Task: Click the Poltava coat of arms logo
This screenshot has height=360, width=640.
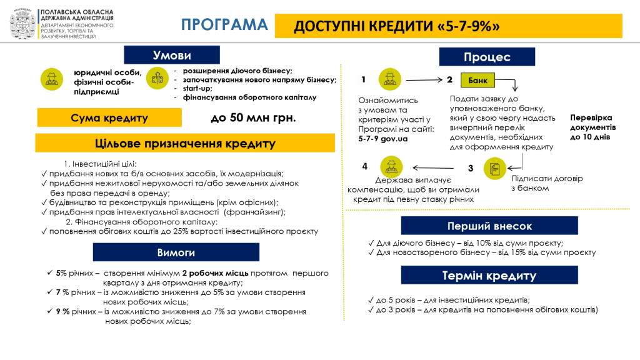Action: click(22, 24)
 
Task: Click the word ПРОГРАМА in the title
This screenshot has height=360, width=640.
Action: click(224, 24)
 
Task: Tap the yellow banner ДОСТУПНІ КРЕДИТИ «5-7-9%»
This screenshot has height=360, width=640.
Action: click(448, 26)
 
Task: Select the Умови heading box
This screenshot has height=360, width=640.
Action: click(172, 55)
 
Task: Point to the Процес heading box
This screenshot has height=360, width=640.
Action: click(487, 57)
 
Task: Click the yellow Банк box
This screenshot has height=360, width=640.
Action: click(477, 81)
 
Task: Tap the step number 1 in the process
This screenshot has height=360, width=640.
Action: click(363, 79)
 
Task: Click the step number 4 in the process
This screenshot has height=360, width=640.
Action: click(364, 166)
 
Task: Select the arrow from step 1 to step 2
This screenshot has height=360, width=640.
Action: click(424, 80)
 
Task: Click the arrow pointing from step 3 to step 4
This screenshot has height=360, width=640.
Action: click(433, 167)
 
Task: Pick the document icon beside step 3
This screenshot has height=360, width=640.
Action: click(495, 168)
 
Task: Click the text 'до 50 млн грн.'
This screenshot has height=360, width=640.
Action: click(253, 118)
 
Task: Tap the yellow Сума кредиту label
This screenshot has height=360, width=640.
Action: click(109, 117)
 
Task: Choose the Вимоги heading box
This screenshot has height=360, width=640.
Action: click(176, 252)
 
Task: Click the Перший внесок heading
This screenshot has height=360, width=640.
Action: click(489, 226)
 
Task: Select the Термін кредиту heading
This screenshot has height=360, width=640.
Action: click(489, 275)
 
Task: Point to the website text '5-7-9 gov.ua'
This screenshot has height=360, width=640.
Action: click(383, 139)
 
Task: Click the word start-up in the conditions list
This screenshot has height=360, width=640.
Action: click(197, 88)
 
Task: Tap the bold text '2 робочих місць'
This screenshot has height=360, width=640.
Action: click(215, 273)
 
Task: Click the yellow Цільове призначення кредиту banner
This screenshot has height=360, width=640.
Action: click(185, 143)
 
